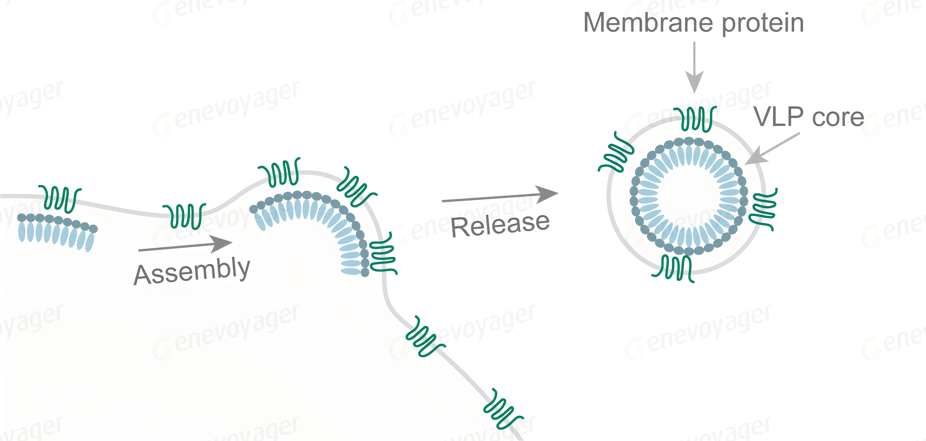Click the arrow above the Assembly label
[x=185, y=245]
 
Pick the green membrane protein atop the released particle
[x=697, y=119]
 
